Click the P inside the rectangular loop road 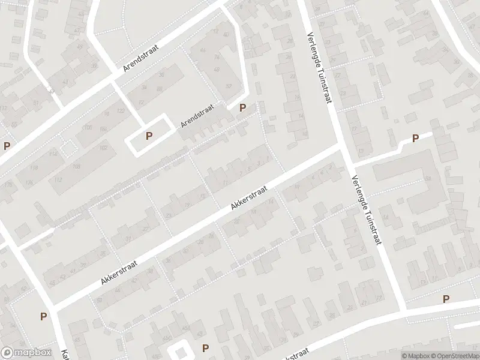click(x=149, y=136)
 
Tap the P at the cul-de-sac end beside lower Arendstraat click(x=242, y=108)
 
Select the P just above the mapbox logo click(x=43, y=316)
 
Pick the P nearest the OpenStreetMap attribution click(x=446, y=299)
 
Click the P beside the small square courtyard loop click(x=206, y=348)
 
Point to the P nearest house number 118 click(x=7, y=146)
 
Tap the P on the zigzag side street click(x=415, y=139)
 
